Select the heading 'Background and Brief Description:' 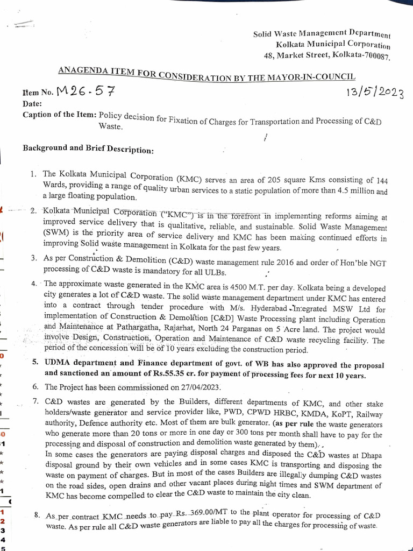click(x=88, y=149)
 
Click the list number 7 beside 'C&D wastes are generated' click(x=35, y=401)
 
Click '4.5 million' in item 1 click(x=350, y=190)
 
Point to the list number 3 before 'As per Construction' click(x=34, y=259)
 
